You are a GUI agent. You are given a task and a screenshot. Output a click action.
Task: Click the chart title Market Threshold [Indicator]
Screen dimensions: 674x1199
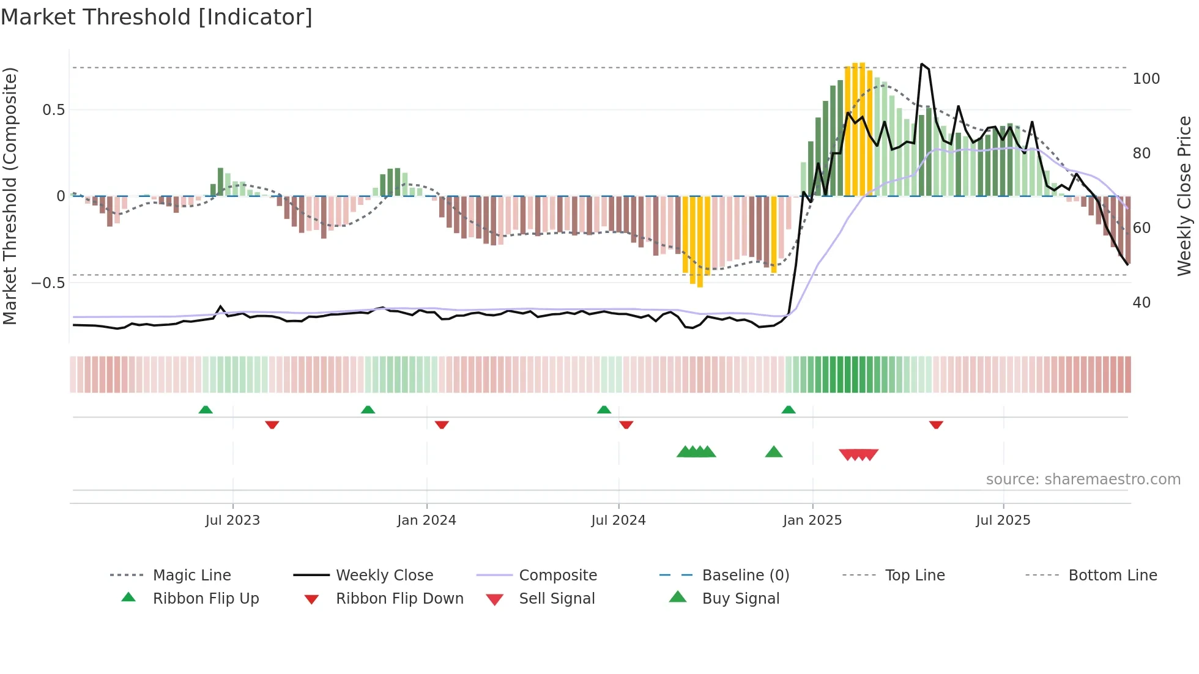click(157, 17)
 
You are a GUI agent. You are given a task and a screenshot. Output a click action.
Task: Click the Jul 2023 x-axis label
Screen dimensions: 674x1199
click(232, 520)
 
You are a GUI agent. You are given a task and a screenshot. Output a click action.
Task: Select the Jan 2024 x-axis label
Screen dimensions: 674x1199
click(426, 520)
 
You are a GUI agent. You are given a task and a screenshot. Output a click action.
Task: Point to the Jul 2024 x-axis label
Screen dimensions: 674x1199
click(618, 520)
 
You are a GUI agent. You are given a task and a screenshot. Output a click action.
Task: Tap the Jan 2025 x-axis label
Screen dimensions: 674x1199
click(812, 520)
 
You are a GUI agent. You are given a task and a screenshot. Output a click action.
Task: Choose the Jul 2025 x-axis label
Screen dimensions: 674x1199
click(1003, 520)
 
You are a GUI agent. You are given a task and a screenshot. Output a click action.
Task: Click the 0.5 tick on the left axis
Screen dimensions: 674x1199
click(54, 110)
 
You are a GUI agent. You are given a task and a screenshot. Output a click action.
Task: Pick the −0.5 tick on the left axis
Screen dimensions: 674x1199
click(48, 283)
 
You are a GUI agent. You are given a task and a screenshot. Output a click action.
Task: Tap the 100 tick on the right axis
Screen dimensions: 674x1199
click(1146, 79)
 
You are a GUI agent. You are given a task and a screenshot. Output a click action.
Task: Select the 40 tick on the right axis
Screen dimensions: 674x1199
click(1141, 303)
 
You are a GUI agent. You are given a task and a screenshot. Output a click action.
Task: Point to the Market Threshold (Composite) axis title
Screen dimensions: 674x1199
click(10, 196)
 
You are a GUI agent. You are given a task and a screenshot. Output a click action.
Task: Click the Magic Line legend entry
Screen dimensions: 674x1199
click(191, 576)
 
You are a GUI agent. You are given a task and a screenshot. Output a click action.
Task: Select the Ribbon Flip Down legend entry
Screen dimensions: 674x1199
click(399, 599)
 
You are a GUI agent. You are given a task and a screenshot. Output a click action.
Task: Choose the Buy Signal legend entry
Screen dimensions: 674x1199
click(740, 599)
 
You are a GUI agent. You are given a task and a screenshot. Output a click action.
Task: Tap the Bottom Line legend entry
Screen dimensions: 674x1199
click(1112, 576)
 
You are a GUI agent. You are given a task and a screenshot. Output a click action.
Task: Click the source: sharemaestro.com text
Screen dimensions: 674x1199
click(1083, 480)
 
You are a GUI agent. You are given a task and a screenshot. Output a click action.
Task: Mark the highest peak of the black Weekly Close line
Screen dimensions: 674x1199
click(922, 64)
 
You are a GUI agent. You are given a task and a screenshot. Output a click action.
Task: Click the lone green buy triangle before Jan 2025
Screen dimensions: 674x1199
click(774, 452)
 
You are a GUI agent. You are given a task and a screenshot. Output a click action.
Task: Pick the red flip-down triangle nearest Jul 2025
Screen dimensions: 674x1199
click(936, 424)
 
